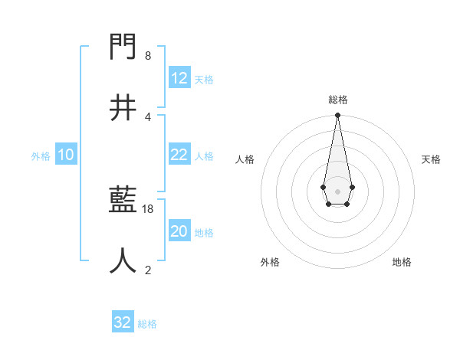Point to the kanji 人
pos(123,260)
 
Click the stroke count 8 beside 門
pos(148,56)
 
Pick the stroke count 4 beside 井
pos(148,116)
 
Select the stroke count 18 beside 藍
pos(149,208)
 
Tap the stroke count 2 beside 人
pos(148,270)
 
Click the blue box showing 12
pos(179,78)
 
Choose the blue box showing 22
pos(179,155)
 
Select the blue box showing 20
pos(179,231)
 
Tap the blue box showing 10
pos(66,155)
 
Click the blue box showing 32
pos(123,322)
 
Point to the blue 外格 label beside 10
pos(41,155)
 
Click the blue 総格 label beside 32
pos(147,324)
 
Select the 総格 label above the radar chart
pos(337,100)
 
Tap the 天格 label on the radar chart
pos(431,159)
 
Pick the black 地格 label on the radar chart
pos(402,262)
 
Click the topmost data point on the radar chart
pos(337,116)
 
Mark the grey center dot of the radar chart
pos(337,190)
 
